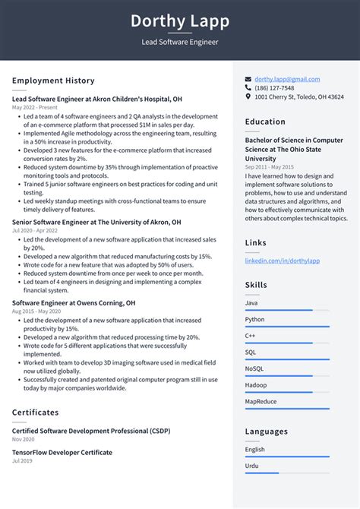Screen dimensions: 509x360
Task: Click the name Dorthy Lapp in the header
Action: pyautogui.click(x=180, y=21)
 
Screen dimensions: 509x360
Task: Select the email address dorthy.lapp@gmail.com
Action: pyautogui.click(x=287, y=79)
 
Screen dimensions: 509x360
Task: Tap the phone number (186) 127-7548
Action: pyautogui.click(x=274, y=88)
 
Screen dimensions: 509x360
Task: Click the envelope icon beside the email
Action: pyautogui.click(x=248, y=79)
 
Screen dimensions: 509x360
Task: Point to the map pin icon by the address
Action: pyautogui.click(x=248, y=97)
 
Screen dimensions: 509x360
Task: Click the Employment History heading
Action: pyautogui.click(x=53, y=81)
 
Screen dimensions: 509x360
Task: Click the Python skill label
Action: pyautogui.click(x=256, y=320)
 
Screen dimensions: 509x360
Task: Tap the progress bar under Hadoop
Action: pyautogui.click(x=287, y=392)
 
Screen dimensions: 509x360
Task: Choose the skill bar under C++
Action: pyautogui.click(x=287, y=343)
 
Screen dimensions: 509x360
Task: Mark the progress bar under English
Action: pyautogui.click(x=287, y=457)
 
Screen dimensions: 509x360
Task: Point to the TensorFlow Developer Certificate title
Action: pyautogui.click(x=62, y=452)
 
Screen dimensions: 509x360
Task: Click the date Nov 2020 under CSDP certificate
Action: pyautogui.click(x=23, y=439)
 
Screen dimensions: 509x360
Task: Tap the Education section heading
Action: pyautogui.click(x=265, y=122)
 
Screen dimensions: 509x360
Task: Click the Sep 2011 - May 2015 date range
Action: pyautogui.click(x=270, y=166)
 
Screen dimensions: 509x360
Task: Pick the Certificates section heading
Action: pyautogui.click(x=35, y=413)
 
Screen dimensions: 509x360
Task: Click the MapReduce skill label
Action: pyautogui.click(x=261, y=400)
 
